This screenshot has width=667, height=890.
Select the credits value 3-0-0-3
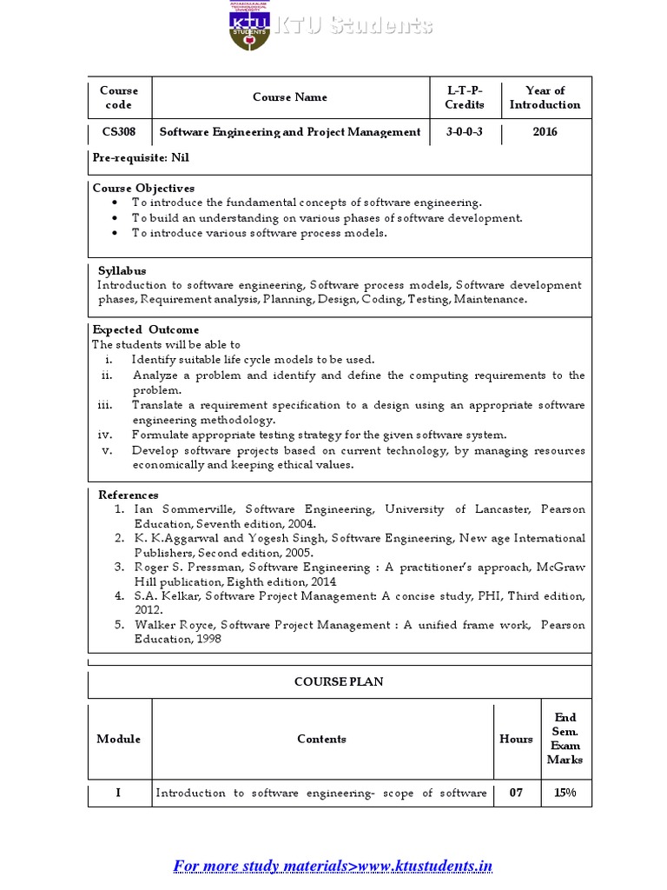coord(465,132)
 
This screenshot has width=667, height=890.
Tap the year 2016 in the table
coord(545,132)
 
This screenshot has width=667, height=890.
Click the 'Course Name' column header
coord(290,97)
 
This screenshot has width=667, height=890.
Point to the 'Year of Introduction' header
coord(545,97)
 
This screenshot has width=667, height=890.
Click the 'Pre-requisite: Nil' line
coord(141,158)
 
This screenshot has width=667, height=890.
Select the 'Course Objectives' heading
coord(143,188)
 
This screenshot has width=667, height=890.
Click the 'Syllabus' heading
coord(122,270)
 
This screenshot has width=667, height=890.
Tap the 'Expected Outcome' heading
coord(146,329)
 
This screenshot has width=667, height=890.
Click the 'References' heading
coord(128,495)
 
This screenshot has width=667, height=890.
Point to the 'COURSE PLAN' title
coord(339,682)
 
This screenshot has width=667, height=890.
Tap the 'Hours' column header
coord(516,739)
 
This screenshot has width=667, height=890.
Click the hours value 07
coord(516,793)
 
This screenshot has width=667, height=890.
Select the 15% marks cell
coord(565,793)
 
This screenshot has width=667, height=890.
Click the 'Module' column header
coord(118,739)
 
